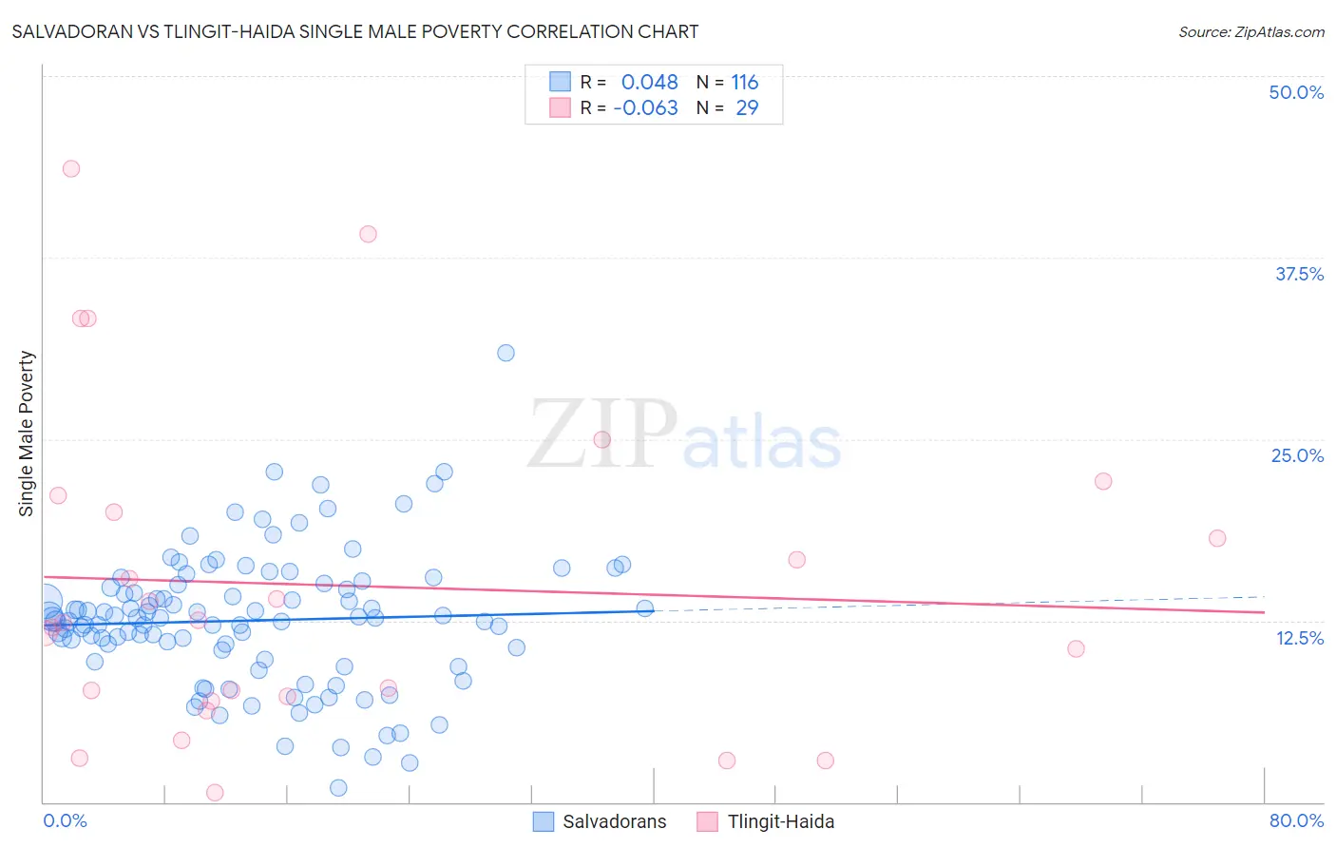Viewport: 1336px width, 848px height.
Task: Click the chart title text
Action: pos(354,31)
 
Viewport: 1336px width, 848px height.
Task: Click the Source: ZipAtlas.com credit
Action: pos(1250,31)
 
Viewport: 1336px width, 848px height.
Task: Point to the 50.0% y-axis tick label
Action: pos(1296,92)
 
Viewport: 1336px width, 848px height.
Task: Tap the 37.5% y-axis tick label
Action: pos(1299,274)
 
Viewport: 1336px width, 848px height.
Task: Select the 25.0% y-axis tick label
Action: pos(1297,455)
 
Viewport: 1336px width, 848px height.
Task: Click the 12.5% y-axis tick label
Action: pos(1299,638)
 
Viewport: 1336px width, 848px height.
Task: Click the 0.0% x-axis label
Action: pos(65,820)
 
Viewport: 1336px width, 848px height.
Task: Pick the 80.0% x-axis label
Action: pos(1296,820)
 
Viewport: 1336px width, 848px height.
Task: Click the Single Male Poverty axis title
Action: pos(27,434)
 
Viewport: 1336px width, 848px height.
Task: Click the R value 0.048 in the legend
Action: pos(649,82)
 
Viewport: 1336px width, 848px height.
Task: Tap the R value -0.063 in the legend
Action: pos(645,107)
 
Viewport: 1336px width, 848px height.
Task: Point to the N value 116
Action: pos(744,82)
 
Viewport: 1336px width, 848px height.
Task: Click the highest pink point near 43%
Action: pos(71,168)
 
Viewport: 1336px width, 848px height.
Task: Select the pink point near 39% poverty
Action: pos(368,234)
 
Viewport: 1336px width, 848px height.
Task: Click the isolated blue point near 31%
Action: pos(506,353)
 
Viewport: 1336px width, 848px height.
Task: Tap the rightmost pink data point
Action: pos(1217,538)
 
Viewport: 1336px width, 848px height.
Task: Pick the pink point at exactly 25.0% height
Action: pos(601,439)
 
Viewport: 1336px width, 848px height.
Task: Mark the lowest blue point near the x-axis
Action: pos(338,787)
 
